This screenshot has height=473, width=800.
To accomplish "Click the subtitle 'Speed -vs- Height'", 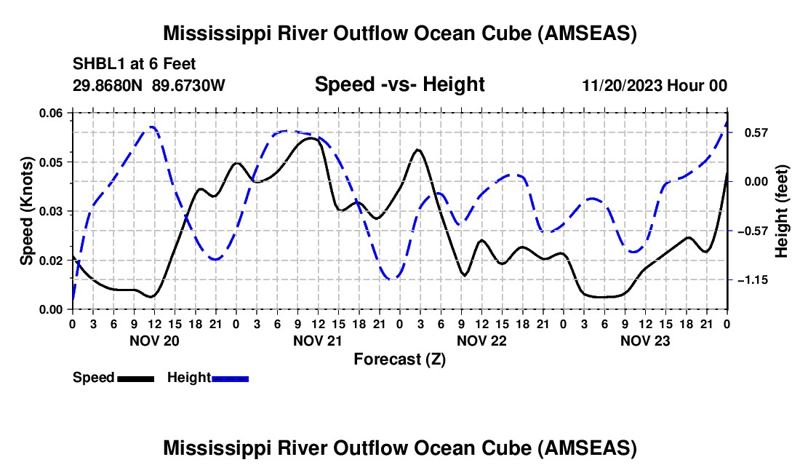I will [x=399, y=84].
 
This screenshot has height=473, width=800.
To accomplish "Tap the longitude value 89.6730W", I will [x=189, y=85].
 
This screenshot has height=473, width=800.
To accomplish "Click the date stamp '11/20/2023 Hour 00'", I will [x=655, y=85].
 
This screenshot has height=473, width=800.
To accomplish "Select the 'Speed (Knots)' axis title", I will [x=27, y=211].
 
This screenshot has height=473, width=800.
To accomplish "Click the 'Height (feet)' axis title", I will [x=782, y=211].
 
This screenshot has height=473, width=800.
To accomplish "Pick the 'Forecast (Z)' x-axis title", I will [x=399, y=359].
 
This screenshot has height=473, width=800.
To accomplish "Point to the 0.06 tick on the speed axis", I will [x=51, y=113].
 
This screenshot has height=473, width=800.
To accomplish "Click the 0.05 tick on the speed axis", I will [x=51, y=162].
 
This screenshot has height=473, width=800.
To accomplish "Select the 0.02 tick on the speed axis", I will [x=51, y=261].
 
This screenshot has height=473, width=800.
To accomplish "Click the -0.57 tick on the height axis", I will [x=751, y=231].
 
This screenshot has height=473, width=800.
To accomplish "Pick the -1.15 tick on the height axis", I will [x=751, y=280].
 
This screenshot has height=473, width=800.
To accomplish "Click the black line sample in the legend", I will [x=135, y=378].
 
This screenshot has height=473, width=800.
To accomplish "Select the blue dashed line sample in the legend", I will [x=230, y=378].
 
